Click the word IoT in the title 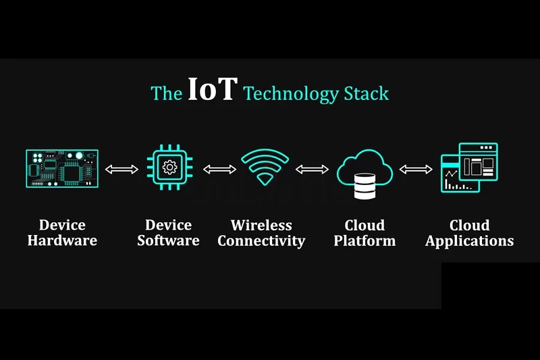[x=213, y=89]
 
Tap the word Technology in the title [x=292, y=94]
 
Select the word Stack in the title [x=367, y=93]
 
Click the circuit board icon [x=62, y=168]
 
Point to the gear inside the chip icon [x=170, y=168]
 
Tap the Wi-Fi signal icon [x=265, y=167]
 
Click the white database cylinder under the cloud [x=364, y=186]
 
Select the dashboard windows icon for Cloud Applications [x=469, y=168]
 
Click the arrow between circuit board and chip [x=122, y=169]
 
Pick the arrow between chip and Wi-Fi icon [x=219, y=169]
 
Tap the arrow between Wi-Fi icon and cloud [x=312, y=169]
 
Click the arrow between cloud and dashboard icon [x=416, y=169]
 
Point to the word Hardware [x=62, y=240]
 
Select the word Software [x=168, y=240]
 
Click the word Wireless [x=261, y=226]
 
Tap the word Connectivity [x=261, y=241]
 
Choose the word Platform [x=364, y=240]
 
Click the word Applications [x=469, y=241]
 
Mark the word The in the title [x=167, y=94]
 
